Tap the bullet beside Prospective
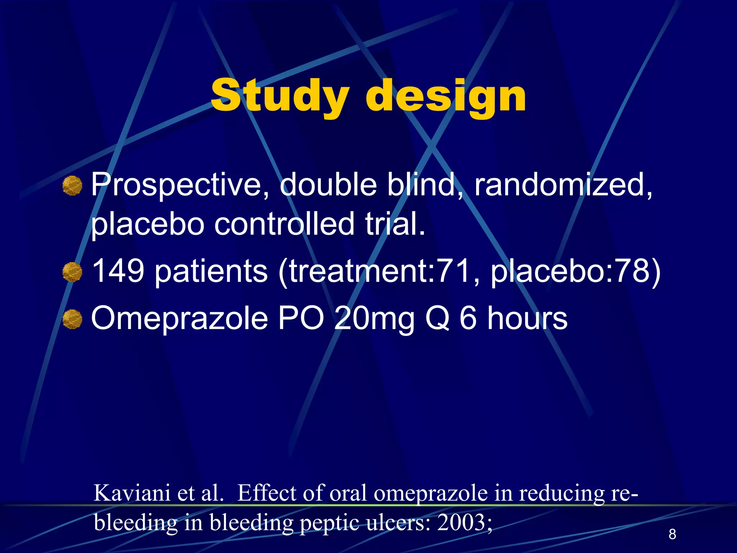tap(72, 186)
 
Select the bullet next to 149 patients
tap(72, 272)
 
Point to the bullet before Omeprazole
tap(72, 319)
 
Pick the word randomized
tap(563, 185)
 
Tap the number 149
tap(118, 271)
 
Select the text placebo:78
tap(572, 271)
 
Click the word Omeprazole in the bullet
tap(180, 318)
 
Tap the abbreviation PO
tap(301, 318)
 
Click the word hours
tap(527, 318)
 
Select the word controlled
tap(284, 224)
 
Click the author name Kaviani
tap(132, 493)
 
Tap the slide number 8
tap(672, 534)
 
